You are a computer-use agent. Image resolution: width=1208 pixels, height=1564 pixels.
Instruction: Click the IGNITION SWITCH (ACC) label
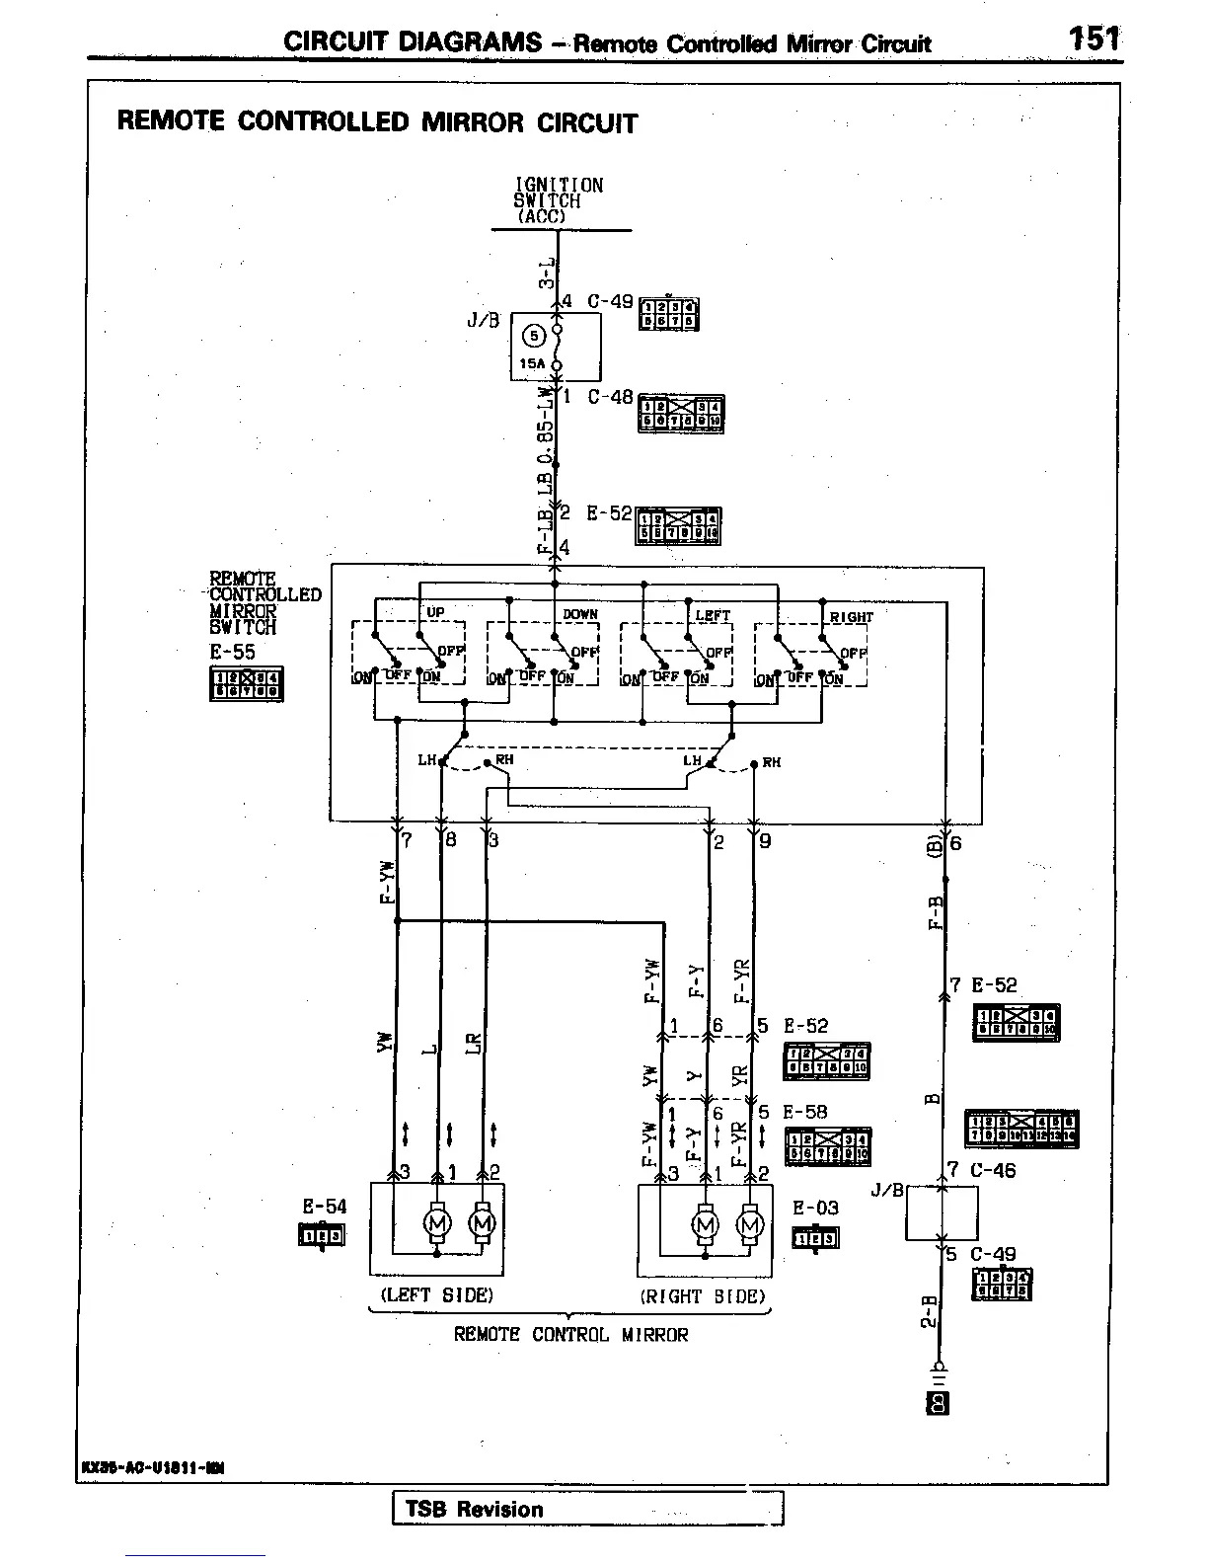pyautogui.click(x=558, y=200)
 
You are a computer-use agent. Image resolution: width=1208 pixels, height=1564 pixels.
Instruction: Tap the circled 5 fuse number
pyautogui.click(x=534, y=336)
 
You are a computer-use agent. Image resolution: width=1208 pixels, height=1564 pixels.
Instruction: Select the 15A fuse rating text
pyautogui.click(x=531, y=363)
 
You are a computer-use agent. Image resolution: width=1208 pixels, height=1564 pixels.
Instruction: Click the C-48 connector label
pyautogui.click(x=610, y=398)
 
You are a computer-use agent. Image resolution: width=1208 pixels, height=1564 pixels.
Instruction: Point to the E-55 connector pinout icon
pyautogui.click(x=247, y=684)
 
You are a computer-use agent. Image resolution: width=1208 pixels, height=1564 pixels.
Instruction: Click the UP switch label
pyautogui.click(x=435, y=613)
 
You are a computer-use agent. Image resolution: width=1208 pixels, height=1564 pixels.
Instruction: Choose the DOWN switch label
pyautogui.click(x=580, y=614)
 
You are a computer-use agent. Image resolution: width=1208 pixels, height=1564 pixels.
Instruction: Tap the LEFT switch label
pyautogui.click(x=714, y=615)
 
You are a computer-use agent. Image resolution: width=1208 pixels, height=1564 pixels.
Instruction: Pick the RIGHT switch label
pyautogui.click(x=851, y=617)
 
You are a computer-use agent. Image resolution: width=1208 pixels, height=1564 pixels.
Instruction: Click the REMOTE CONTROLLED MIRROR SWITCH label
pyautogui.click(x=264, y=602)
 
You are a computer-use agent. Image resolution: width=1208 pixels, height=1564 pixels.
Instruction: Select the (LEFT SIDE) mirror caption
pyautogui.click(x=436, y=1294)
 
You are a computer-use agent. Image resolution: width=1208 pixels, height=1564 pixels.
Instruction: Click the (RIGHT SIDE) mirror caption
pyautogui.click(x=703, y=1296)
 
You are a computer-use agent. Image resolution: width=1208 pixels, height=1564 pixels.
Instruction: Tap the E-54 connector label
pyautogui.click(x=325, y=1207)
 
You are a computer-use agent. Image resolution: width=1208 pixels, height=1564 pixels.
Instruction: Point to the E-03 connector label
pyautogui.click(x=815, y=1209)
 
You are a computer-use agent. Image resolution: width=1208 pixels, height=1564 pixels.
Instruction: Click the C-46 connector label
pyautogui.click(x=993, y=1171)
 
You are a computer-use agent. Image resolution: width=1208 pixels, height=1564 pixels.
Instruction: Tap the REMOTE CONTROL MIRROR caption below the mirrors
pyautogui.click(x=570, y=1335)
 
